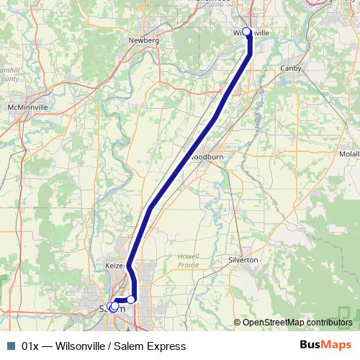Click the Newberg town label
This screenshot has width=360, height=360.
click(143, 40)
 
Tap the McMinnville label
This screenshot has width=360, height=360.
click(27, 107)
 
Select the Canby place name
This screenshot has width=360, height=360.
click(292, 69)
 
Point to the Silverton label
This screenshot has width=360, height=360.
click(243, 260)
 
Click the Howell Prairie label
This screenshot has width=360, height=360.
click(189, 260)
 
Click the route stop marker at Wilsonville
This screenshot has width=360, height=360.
click(247, 32)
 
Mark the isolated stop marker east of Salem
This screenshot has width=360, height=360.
click(131, 299)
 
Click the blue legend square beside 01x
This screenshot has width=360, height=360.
click(10, 346)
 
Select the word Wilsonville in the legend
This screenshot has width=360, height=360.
click(85, 346)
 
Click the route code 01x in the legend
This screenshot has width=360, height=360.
click(30, 346)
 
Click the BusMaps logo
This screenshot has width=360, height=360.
click(326, 346)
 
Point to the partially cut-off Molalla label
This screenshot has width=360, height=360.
click(350, 154)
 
